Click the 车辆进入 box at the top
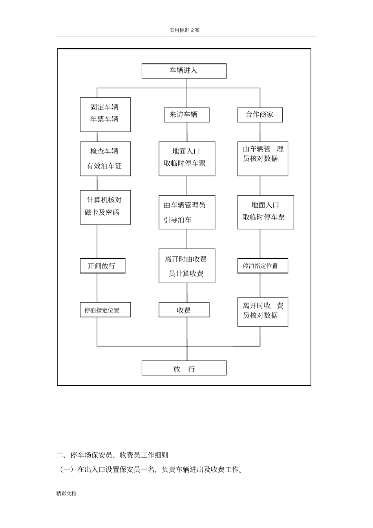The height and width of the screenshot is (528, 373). (x=184, y=71)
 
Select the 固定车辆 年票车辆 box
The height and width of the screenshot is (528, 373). (x=105, y=114)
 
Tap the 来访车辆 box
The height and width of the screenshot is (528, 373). (x=186, y=115)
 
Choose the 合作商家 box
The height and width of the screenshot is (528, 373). (x=260, y=115)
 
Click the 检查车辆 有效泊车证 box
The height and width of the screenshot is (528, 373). (x=105, y=159)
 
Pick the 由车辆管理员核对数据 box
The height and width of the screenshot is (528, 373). (x=263, y=159)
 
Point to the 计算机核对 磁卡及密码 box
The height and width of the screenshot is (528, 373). (x=105, y=207)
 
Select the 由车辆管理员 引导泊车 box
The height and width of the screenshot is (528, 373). (x=187, y=212)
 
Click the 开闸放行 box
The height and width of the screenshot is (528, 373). (x=102, y=266)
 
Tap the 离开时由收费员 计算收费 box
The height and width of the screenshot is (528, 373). (x=187, y=266)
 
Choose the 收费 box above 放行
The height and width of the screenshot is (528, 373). (x=184, y=310)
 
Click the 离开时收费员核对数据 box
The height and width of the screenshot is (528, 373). (x=263, y=312)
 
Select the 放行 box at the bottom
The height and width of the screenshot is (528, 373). (x=184, y=368)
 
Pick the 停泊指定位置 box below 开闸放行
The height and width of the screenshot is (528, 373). (x=105, y=310)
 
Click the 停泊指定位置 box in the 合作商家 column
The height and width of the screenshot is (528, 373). (x=263, y=266)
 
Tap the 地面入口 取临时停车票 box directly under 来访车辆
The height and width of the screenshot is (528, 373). (x=187, y=159)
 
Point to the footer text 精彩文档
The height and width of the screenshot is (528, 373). (x=66, y=493)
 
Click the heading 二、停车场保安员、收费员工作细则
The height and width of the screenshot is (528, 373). (x=112, y=455)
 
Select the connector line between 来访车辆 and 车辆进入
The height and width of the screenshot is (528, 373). (x=187, y=93)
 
